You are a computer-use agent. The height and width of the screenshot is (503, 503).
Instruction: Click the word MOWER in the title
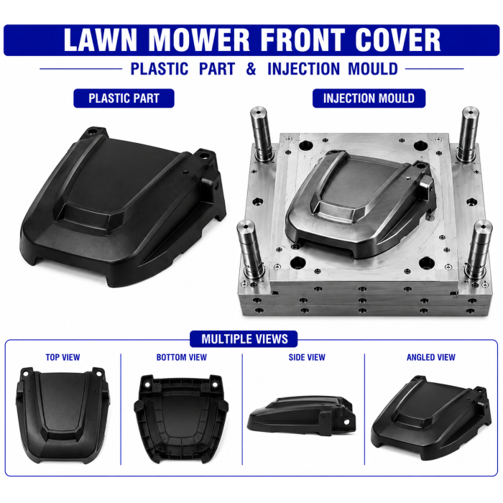199,40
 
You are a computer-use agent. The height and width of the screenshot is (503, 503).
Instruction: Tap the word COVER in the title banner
398,40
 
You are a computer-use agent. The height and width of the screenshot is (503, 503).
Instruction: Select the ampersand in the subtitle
251,69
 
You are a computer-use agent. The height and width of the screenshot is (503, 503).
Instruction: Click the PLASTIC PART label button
124,98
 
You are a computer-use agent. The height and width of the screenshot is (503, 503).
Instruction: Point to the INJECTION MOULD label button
369,98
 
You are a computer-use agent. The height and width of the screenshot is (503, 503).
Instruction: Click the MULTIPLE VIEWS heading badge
244,339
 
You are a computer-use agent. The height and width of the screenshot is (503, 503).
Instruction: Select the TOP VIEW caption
63,357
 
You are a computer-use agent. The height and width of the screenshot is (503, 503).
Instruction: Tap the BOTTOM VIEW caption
182,357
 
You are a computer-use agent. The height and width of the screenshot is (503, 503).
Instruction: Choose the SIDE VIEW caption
307,357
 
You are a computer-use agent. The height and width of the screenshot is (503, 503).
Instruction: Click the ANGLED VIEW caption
431,357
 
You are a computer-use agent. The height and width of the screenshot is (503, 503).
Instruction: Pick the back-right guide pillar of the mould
468,135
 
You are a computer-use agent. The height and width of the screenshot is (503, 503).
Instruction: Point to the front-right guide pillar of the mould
479,251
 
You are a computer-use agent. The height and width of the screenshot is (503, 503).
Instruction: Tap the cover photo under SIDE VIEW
302,416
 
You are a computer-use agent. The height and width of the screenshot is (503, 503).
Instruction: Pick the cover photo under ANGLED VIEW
431,417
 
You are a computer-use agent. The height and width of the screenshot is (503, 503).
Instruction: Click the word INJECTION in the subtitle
303,69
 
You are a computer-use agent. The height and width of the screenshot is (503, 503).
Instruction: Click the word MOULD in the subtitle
373,69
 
